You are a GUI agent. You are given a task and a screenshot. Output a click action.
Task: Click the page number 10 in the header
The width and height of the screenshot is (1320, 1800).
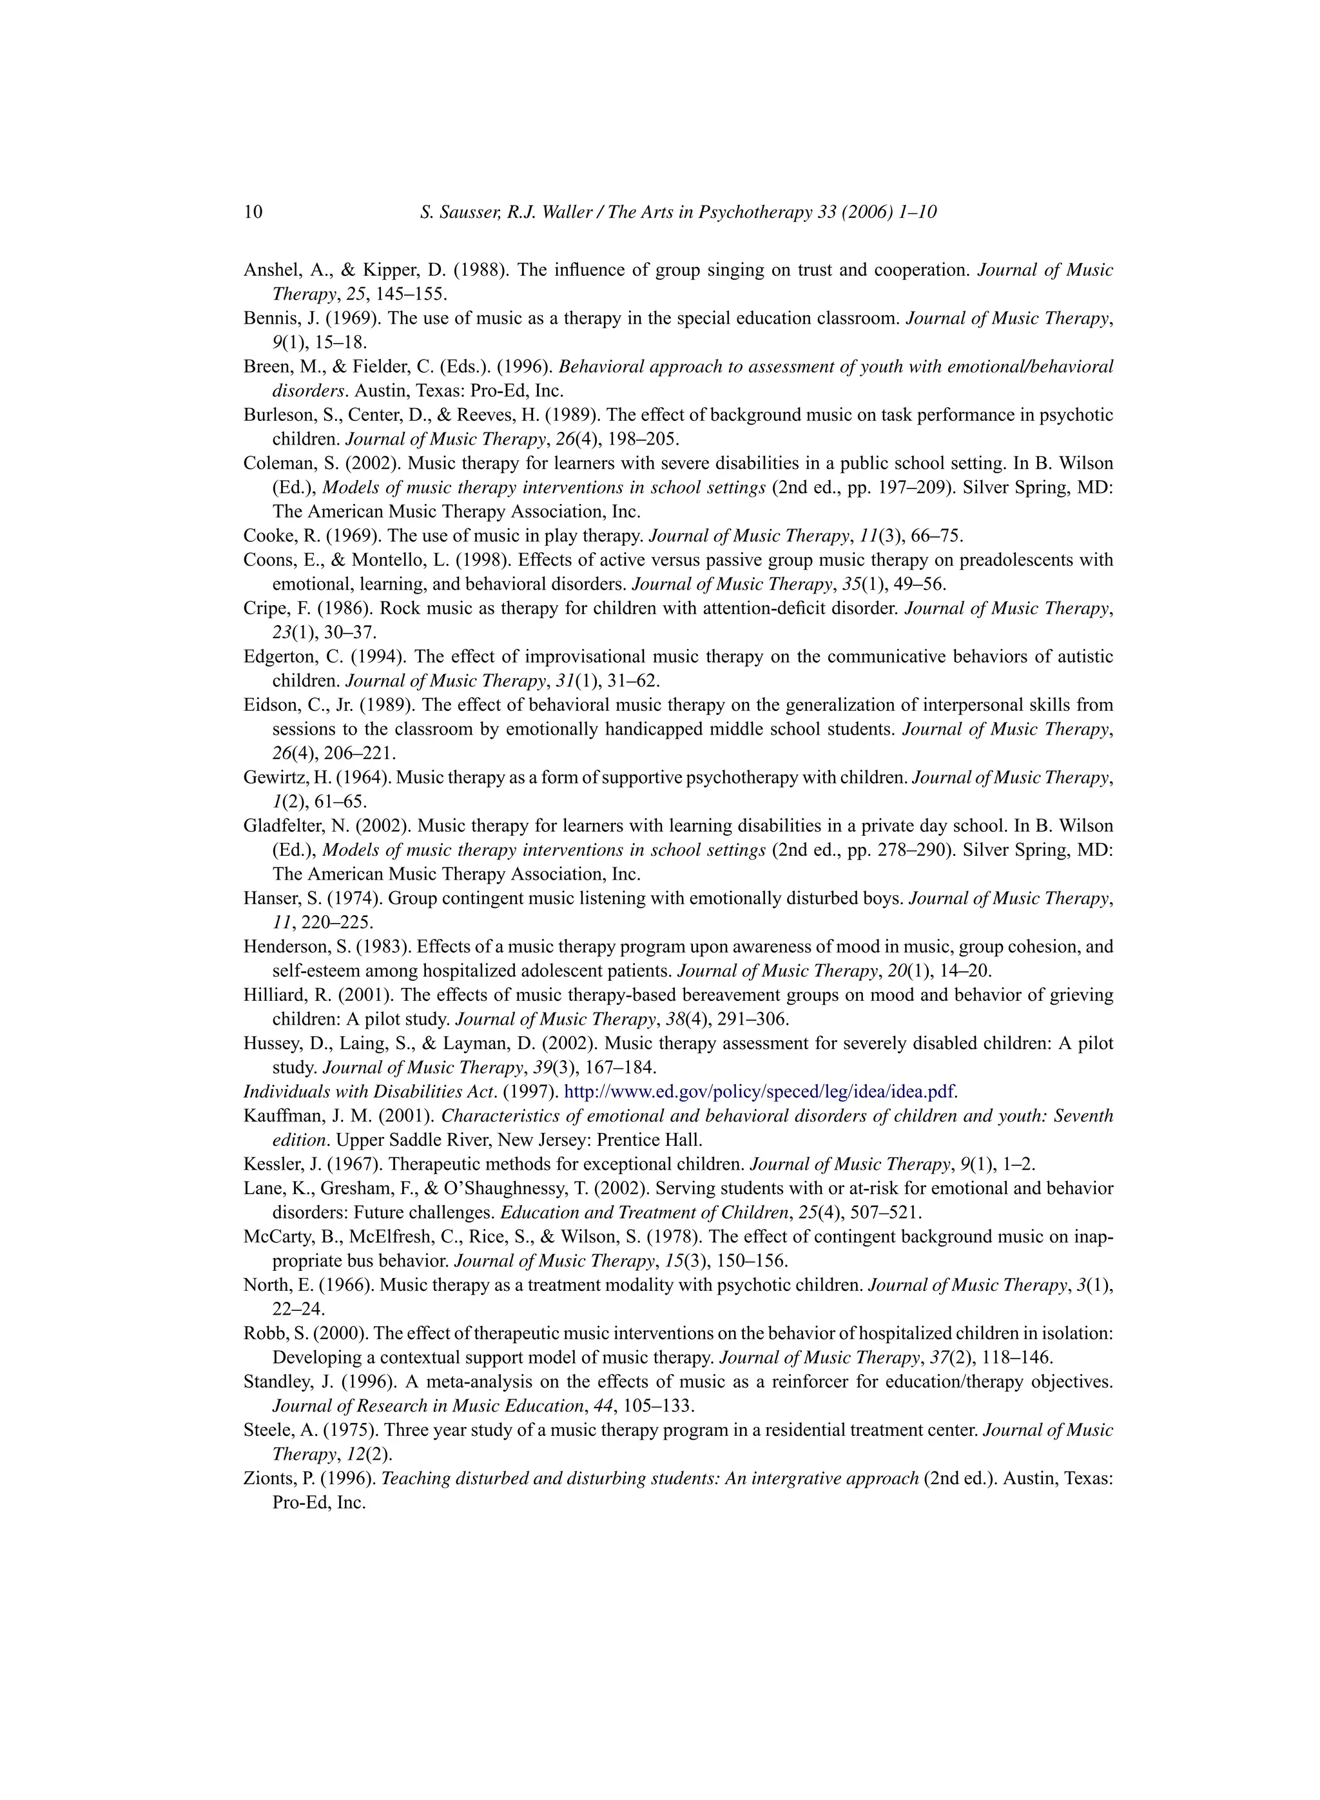pos(253,213)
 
